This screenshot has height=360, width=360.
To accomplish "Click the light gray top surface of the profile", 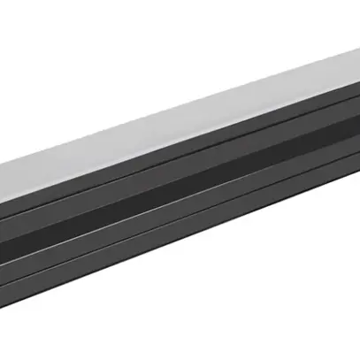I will click(177, 133).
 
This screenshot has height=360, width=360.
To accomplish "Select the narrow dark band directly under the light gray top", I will click(177, 162).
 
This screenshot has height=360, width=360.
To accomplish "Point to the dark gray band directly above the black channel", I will click(177, 178).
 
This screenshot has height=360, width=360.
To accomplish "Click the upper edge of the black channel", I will click(177, 186).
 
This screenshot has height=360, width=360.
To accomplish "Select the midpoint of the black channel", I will click(180, 195).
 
